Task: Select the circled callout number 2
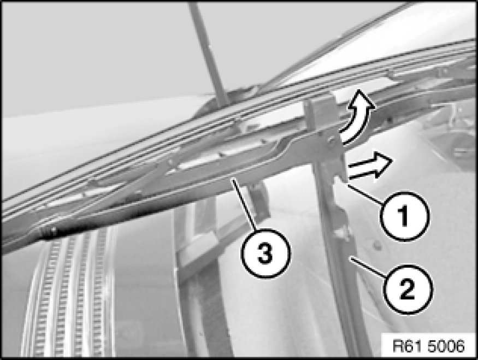tap(408, 290)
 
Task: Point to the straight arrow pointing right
tap(369, 165)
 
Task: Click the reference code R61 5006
tap(429, 346)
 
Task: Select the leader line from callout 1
tap(364, 193)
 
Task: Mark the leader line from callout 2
tap(369, 267)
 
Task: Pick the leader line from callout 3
tap(244, 204)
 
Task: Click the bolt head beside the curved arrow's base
tap(331, 140)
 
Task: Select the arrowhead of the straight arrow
tap(382, 163)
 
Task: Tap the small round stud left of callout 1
tap(377, 245)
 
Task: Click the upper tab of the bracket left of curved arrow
tap(320, 105)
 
